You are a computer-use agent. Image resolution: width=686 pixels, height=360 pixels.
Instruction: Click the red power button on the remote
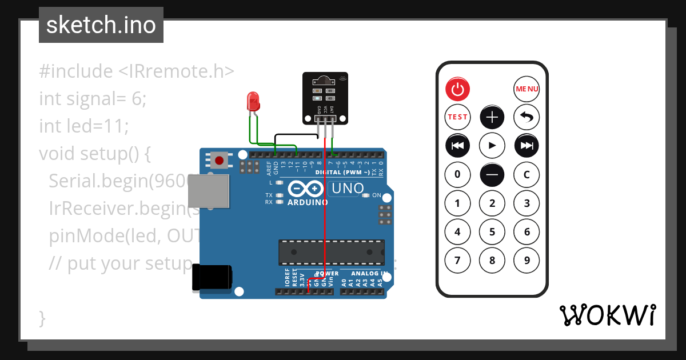(457, 89)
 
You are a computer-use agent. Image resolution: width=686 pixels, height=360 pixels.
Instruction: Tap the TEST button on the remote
(457, 117)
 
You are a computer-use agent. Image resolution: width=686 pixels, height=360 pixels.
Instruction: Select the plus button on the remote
(492, 118)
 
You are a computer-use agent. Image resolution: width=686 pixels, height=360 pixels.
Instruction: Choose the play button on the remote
(492, 146)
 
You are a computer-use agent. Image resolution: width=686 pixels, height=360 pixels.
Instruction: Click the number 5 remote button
(492, 232)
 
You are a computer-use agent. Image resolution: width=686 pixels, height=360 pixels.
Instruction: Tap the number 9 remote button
(527, 261)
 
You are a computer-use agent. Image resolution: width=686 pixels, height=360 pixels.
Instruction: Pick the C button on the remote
(527, 174)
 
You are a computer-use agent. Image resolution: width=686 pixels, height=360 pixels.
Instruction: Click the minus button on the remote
(492, 174)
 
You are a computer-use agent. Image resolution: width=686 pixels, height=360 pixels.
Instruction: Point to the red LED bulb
(253, 102)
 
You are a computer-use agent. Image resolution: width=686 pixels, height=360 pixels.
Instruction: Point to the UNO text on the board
(348, 188)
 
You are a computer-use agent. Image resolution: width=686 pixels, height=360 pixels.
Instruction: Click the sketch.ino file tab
(101, 25)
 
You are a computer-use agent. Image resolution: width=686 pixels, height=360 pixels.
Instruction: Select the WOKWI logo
(607, 315)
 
